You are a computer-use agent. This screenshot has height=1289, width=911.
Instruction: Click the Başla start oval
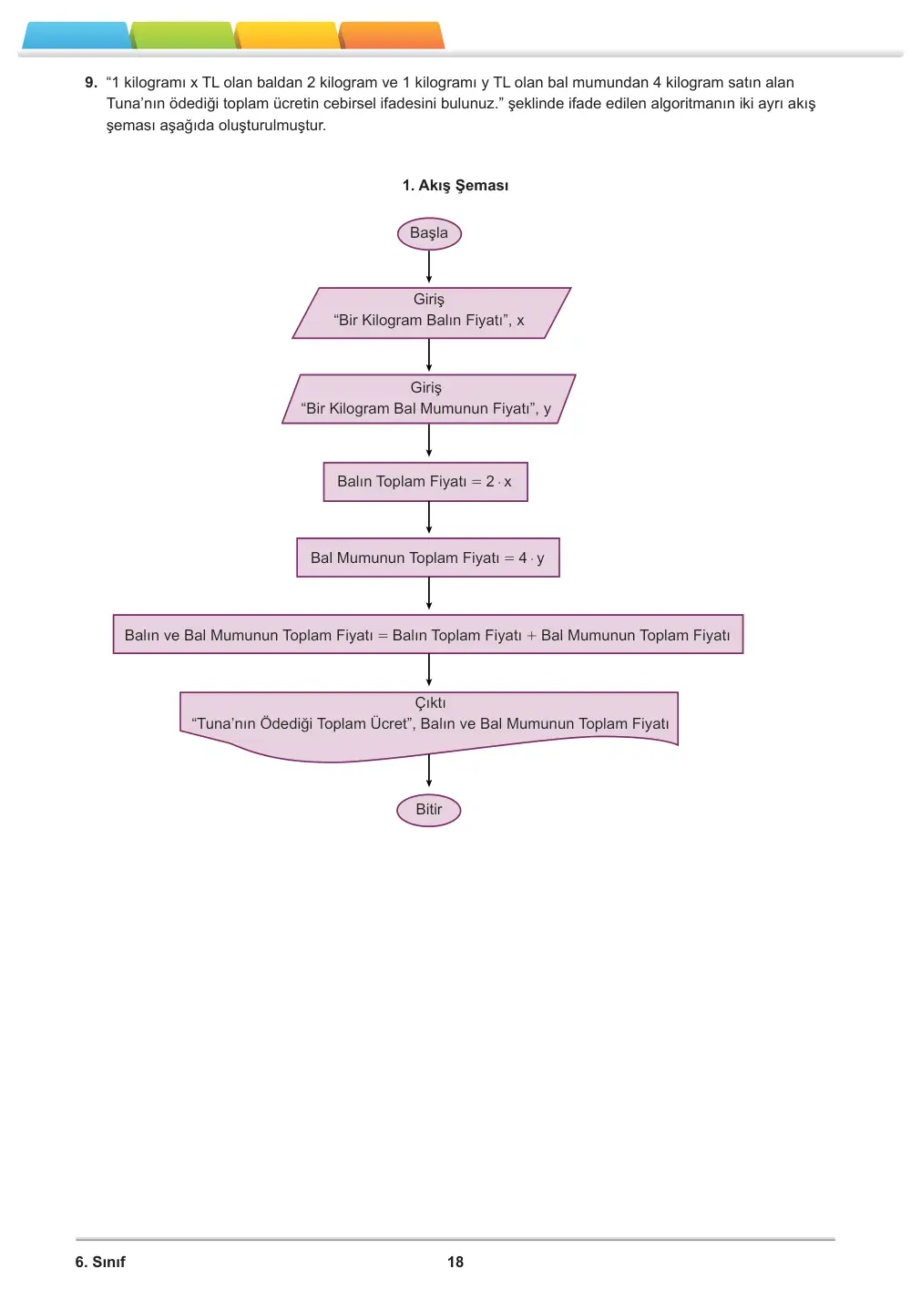pyautogui.click(x=429, y=233)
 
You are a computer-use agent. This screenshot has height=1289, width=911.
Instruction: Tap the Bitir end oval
pyautogui.click(x=428, y=810)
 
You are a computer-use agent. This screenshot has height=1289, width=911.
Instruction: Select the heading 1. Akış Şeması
pyautogui.click(x=455, y=185)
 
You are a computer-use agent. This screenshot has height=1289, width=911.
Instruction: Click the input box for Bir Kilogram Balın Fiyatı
pyautogui.click(x=431, y=312)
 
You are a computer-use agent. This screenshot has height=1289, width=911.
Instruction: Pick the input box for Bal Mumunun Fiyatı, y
pyautogui.click(x=428, y=399)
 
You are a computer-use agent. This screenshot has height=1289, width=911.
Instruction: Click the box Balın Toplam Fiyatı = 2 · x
pyautogui.click(x=425, y=482)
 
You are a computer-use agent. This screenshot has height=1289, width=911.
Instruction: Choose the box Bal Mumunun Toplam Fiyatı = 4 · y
pyautogui.click(x=427, y=557)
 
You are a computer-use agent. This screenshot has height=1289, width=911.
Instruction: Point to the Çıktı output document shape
pyautogui.click(x=429, y=725)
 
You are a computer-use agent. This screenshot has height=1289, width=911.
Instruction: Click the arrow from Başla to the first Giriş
pyautogui.click(x=429, y=266)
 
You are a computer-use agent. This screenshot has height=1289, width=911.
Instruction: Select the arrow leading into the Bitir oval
pyautogui.click(x=429, y=770)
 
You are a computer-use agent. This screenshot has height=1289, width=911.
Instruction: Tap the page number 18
pyautogui.click(x=455, y=1262)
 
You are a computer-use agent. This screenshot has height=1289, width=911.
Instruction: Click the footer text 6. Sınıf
pyautogui.click(x=100, y=1262)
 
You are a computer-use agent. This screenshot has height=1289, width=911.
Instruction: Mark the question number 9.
pyautogui.click(x=91, y=82)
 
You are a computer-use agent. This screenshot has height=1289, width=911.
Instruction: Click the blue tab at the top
pyautogui.click(x=77, y=36)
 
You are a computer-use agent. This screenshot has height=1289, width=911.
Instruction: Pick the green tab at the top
pyautogui.click(x=183, y=36)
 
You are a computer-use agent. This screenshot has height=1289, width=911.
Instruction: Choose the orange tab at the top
pyautogui.click(x=392, y=36)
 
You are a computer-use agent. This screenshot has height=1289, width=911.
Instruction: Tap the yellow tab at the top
pyautogui.click(x=287, y=36)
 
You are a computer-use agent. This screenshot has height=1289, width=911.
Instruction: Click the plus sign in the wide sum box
pyautogui.click(x=531, y=635)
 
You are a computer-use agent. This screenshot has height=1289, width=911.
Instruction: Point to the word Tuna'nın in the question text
pyautogui.click(x=135, y=104)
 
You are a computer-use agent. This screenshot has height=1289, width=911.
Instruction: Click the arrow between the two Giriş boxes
pyautogui.click(x=429, y=355)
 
